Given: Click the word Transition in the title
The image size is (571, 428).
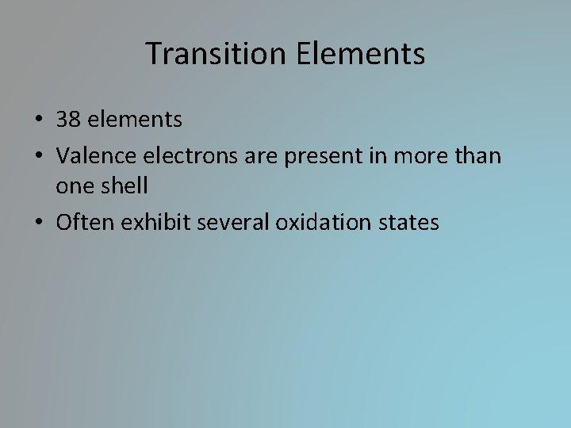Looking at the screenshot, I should [209, 54].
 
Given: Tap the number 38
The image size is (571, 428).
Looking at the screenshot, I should [68, 120].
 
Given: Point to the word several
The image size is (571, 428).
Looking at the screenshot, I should [229, 223].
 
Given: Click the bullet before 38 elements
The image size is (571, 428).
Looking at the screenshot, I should [39, 121].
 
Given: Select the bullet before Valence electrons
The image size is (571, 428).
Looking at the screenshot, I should [39, 156].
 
